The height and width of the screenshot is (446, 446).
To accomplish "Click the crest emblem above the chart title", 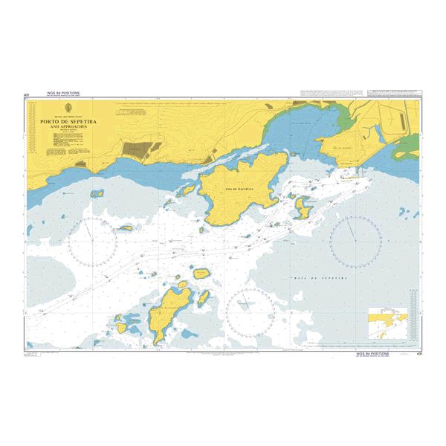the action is tap(65, 111).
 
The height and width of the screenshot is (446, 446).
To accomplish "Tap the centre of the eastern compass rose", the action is tap(355, 242).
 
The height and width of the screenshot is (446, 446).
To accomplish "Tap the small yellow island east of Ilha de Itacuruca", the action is tap(303, 207).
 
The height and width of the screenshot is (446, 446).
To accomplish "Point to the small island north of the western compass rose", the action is tap(97, 193).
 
